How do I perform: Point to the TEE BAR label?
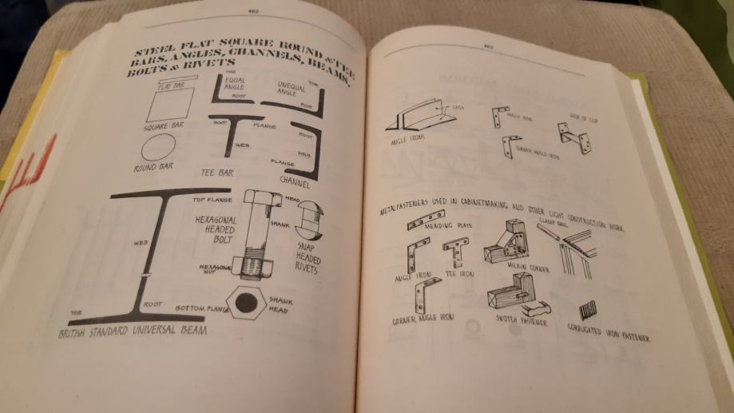220,171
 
